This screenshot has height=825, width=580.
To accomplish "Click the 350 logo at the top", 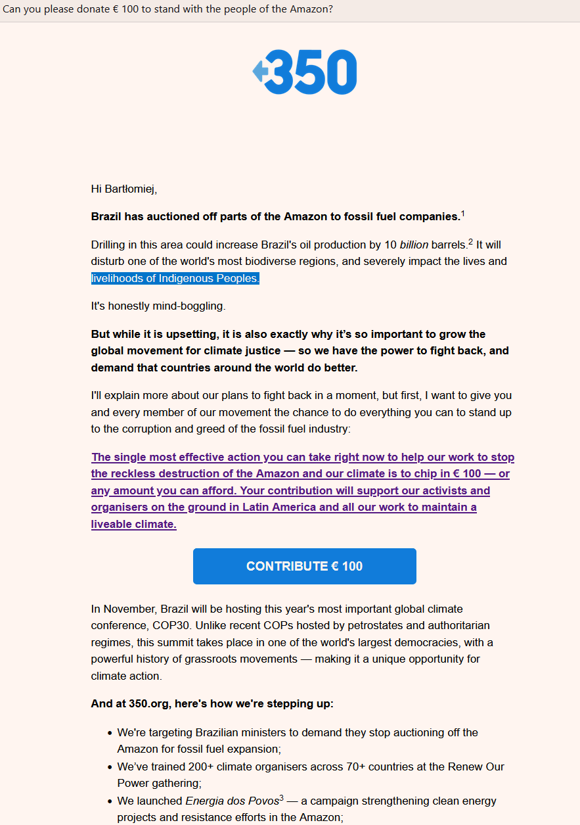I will [x=305, y=72].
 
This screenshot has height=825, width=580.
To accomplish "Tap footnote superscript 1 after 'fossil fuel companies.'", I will [x=462, y=214].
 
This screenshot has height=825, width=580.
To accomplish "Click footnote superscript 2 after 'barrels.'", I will [x=470, y=242].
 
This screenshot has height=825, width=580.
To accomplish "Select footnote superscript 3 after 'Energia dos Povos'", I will [x=281, y=798].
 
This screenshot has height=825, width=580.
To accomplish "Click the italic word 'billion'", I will [x=414, y=245].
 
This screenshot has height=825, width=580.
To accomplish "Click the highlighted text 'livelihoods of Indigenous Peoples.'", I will [x=175, y=278].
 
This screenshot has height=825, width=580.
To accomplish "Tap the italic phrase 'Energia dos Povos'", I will [x=231, y=801].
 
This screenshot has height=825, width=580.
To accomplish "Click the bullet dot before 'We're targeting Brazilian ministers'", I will [x=110, y=732].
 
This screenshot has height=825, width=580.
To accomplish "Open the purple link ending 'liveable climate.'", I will [x=134, y=525].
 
